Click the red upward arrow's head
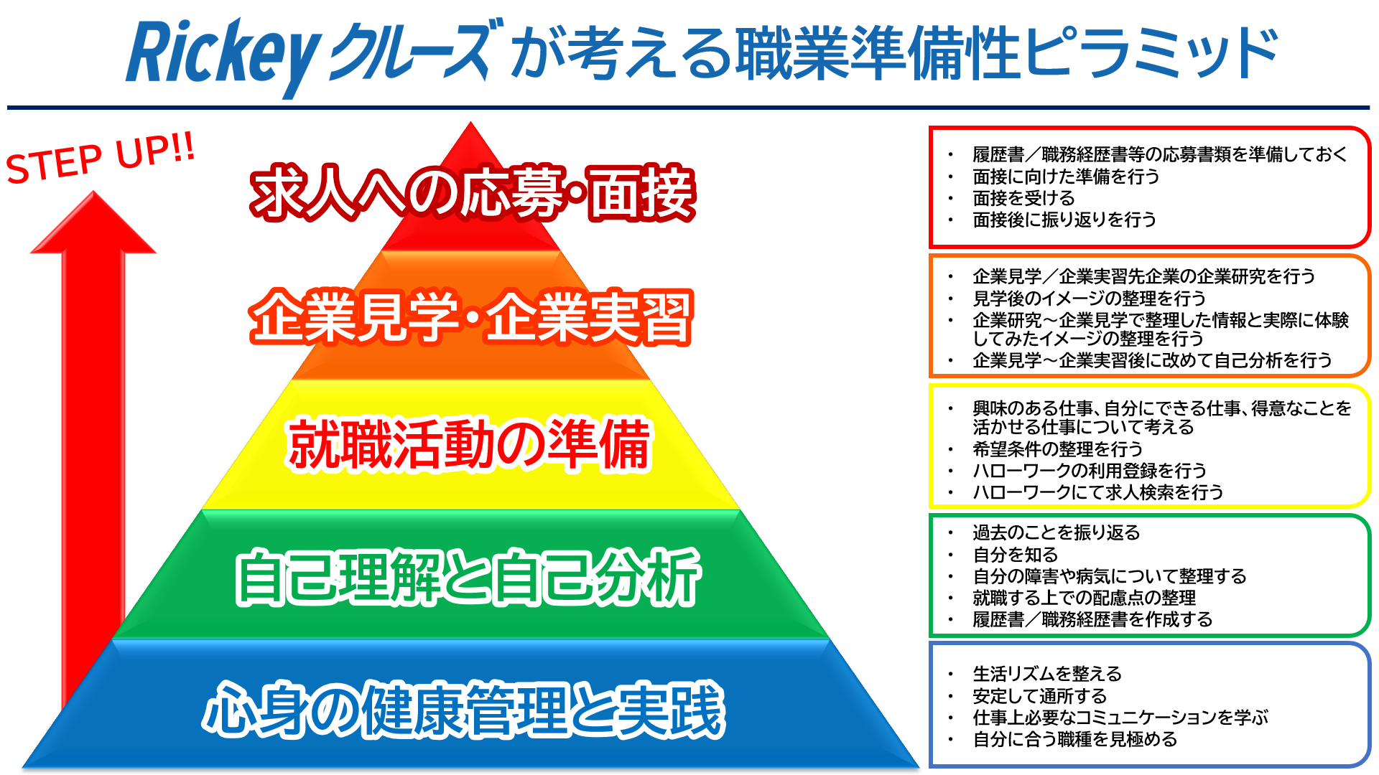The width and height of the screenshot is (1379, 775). (93, 222)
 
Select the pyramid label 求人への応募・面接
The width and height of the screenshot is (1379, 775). (473, 192)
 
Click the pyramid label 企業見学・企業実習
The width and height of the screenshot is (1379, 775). (471, 317)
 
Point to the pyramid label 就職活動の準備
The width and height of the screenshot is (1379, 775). (470, 445)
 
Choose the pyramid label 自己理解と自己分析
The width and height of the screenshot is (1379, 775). (468, 576)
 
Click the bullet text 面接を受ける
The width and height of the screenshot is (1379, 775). (1023, 198)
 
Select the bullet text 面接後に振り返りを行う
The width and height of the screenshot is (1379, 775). (1064, 220)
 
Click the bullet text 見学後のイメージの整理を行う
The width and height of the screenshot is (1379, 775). (1089, 298)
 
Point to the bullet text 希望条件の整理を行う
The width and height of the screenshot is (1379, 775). (1057, 449)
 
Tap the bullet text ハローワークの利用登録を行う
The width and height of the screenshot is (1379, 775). (1090, 471)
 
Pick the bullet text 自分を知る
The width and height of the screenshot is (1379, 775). (1016, 555)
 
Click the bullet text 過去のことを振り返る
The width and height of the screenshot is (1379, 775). (1057, 532)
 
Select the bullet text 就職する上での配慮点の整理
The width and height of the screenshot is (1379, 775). (1085, 598)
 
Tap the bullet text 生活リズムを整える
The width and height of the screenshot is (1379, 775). (1047, 674)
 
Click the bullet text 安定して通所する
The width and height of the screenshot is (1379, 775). (1040, 696)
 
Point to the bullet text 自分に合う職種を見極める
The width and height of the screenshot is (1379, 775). (1075, 739)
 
